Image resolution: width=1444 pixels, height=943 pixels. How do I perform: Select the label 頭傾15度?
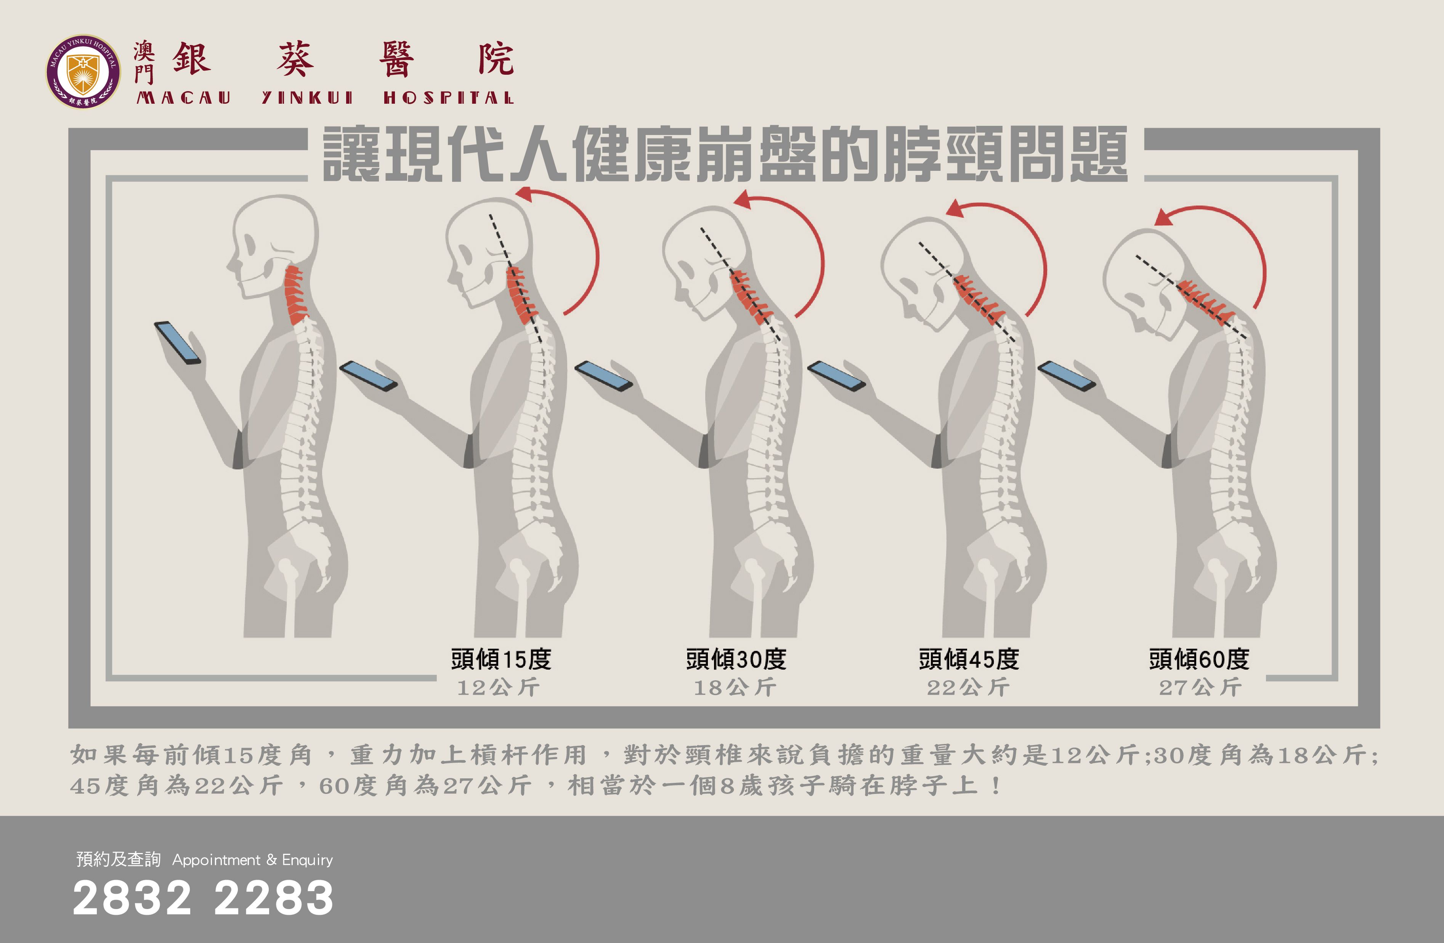pos(501,659)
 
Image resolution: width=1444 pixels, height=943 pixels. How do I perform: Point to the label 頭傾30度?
pos(736,659)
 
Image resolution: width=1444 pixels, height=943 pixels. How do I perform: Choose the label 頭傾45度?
pos(969,659)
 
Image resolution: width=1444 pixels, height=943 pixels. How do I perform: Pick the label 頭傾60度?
pos(1199,659)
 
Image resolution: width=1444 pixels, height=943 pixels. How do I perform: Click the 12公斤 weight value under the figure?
pos(498,688)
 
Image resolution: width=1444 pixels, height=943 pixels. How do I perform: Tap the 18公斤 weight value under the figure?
pos(735,688)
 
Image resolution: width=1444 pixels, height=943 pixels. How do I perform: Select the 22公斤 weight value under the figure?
pos(968,688)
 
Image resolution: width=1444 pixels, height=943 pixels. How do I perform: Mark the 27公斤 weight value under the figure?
pos(1200,688)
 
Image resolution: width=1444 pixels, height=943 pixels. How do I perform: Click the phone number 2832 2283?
pos(203,898)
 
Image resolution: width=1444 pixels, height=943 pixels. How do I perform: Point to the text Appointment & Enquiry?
pos(252,860)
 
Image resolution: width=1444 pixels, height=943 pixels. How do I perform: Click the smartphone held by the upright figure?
pos(177,343)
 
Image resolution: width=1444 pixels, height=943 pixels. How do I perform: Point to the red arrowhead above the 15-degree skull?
pos(524,194)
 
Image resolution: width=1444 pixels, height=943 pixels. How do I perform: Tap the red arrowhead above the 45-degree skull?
pos(956,209)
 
